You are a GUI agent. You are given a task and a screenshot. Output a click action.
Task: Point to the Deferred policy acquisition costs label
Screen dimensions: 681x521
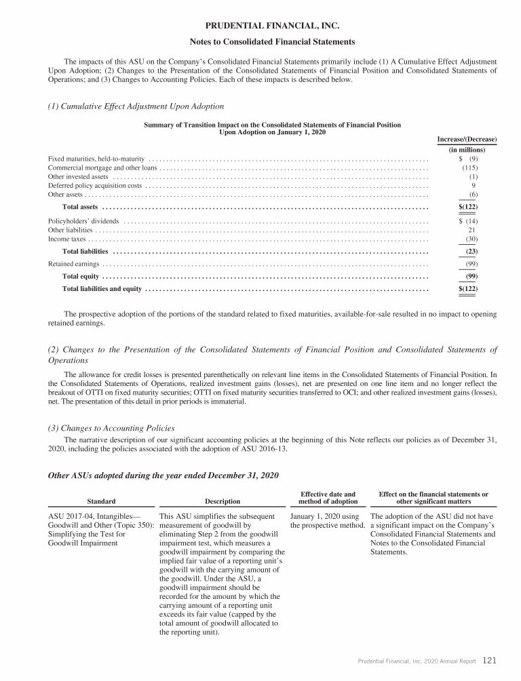[x=95, y=184]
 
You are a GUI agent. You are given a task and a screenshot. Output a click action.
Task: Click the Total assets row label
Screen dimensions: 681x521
[x=80, y=206]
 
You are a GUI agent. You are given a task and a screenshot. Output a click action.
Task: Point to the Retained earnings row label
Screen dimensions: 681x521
[x=74, y=264]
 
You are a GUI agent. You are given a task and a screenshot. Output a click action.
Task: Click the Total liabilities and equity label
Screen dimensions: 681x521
[x=102, y=289]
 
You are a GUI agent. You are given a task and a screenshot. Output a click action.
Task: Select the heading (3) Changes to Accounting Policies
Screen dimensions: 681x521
[x=111, y=428]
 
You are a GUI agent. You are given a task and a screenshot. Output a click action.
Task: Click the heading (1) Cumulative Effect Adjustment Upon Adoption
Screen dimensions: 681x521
[x=136, y=106]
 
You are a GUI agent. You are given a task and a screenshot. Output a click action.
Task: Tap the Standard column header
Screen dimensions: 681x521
[x=101, y=501]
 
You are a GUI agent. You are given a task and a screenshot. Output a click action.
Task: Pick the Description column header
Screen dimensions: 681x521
[x=222, y=501]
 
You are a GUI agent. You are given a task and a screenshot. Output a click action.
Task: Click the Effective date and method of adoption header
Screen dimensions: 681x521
[x=328, y=498]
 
